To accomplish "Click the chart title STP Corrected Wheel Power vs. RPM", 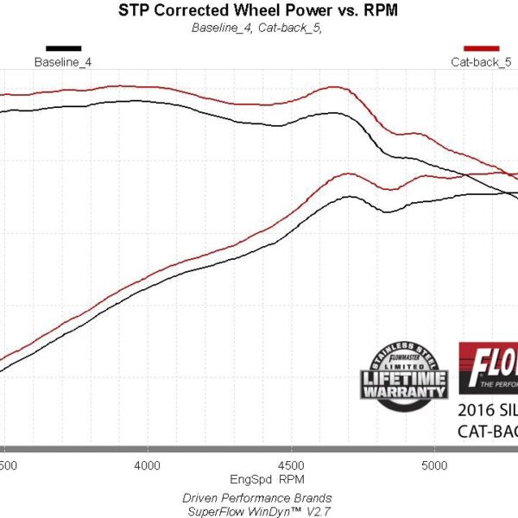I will click(259, 11).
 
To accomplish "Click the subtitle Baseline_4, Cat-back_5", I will click(259, 27).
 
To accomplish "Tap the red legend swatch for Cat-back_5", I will click(482, 48).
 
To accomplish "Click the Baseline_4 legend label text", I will click(63, 62).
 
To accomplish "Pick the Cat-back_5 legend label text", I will click(481, 62).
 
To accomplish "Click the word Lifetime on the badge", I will click(404, 380).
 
